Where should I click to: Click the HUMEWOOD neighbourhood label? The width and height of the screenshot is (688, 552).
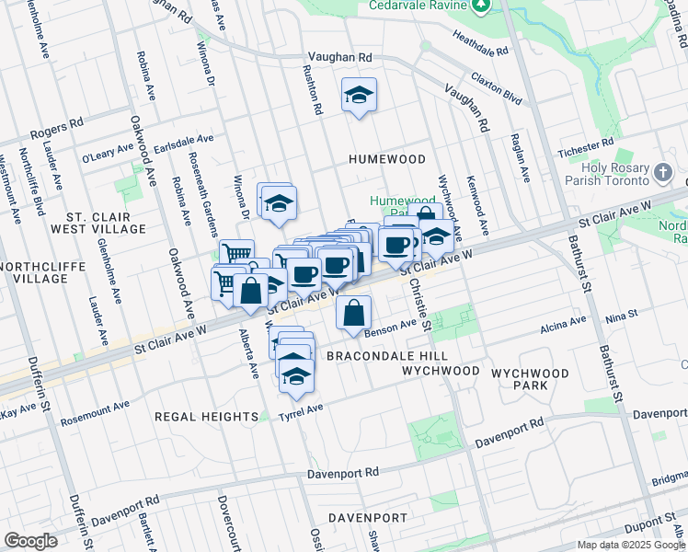[387, 159]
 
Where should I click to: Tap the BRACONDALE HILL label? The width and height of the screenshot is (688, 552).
[374, 355]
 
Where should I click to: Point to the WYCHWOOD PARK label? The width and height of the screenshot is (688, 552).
[530, 380]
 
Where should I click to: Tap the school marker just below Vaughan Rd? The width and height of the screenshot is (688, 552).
[359, 95]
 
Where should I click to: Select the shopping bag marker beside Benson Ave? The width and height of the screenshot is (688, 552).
[354, 313]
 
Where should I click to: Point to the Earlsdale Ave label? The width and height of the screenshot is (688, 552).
[183, 144]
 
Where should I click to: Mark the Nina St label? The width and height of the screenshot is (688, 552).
[622, 316]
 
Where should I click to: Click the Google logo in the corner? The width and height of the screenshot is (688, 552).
[30, 541]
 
